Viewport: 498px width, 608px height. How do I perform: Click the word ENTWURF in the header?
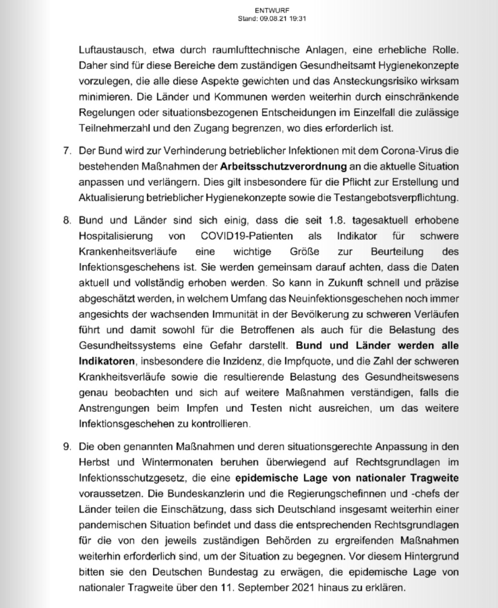[272, 11]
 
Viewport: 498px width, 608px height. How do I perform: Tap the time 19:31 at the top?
[297, 19]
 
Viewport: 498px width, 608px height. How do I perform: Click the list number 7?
[67, 151]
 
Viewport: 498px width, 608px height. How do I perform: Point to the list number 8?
[67, 220]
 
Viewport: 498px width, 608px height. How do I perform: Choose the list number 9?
[67, 447]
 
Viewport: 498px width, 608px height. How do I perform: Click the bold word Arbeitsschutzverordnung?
[283, 167]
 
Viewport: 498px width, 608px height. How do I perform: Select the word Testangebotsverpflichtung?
[396, 198]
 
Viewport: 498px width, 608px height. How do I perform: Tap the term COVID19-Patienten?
[247, 236]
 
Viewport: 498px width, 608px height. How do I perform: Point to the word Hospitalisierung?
[116, 236]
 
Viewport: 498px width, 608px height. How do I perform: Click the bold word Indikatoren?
[107, 361]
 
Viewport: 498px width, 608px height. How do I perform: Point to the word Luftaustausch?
[111, 50]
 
